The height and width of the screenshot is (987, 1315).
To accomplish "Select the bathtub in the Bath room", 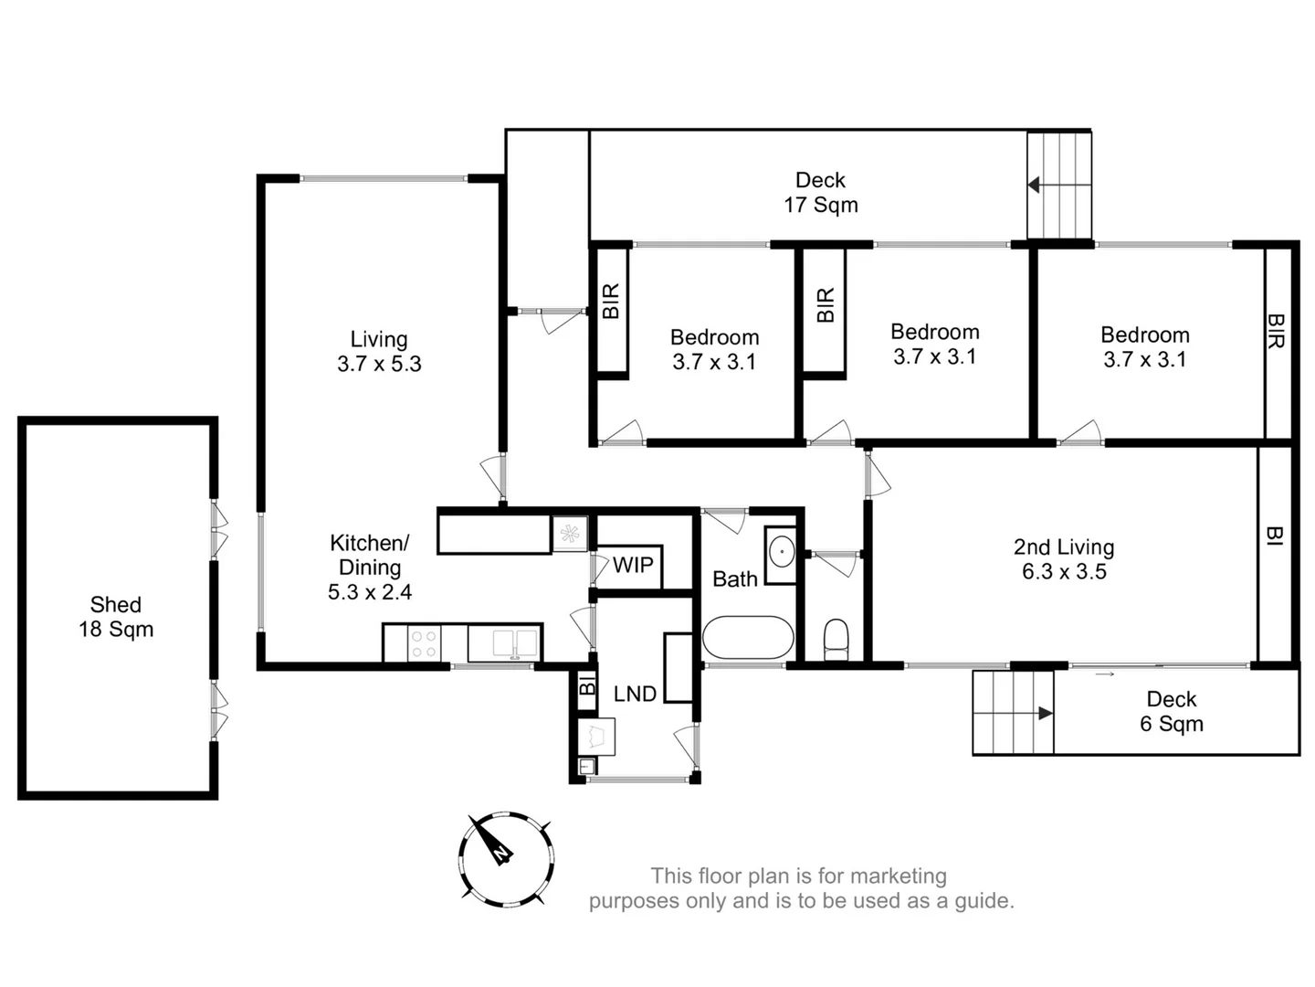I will pos(748,637).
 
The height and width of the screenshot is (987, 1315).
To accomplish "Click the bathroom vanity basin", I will pos(782,553).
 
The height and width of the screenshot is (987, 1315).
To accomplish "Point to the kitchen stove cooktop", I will pos(423,643).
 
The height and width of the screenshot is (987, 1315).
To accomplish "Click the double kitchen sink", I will pos(504,642).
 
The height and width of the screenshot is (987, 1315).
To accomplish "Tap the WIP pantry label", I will pos(633,565).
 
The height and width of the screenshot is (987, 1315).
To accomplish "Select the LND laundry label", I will pos(635,694).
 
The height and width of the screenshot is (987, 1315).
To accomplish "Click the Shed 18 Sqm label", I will pos(116,617).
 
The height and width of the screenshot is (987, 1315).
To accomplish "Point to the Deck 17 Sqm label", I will pos(820,192).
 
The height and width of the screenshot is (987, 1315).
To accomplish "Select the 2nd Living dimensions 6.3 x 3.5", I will pos(1064,572).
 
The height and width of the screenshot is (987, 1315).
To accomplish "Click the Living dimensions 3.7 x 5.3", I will pos(379,364).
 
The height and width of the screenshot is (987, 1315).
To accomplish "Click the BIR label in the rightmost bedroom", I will pos(1277,331).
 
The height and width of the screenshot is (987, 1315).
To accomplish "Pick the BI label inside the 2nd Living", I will pos(1275,536).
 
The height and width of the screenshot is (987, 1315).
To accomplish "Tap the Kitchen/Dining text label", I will pos(369,555).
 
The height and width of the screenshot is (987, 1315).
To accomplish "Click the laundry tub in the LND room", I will pos(597,736).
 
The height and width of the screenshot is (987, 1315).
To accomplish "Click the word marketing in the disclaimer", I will pos(903,876).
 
